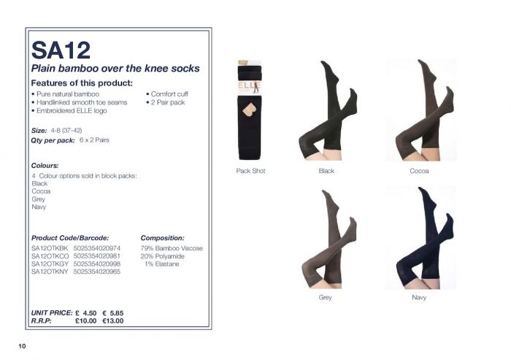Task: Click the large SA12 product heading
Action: (x=61, y=50)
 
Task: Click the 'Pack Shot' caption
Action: (x=250, y=171)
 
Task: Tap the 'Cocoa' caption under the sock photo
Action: (x=419, y=171)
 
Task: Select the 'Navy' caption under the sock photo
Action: (x=419, y=297)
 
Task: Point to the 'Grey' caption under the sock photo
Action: (x=326, y=297)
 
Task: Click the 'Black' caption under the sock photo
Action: (x=326, y=171)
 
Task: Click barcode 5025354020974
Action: (x=97, y=248)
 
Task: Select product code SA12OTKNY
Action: (x=50, y=272)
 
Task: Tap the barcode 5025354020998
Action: (x=97, y=264)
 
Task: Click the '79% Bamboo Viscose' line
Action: (x=172, y=248)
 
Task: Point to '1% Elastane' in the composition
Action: (x=162, y=264)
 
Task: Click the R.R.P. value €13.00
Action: (x=112, y=321)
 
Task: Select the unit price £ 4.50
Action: (x=85, y=313)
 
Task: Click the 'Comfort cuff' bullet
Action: (x=167, y=94)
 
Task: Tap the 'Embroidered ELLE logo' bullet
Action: (x=69, y=111)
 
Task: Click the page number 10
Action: (x=22, y=346)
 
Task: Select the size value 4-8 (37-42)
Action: (x=66, y=131)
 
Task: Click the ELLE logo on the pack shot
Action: (x=250, y=86)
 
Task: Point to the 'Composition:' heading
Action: (x=162, y=238)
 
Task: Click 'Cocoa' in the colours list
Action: (x=41, y=191)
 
